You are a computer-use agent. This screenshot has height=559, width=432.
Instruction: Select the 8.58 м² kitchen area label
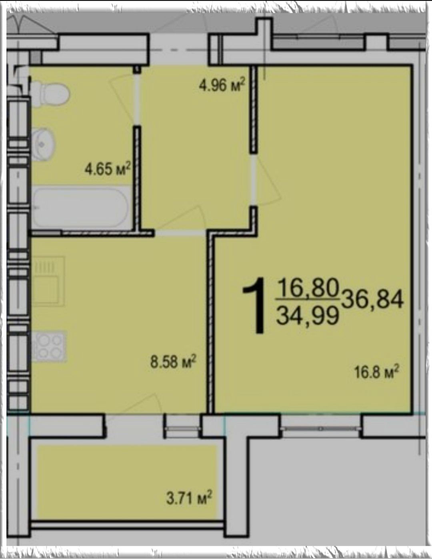tap(173, 362)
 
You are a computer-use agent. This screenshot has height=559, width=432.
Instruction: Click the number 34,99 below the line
tap(307, 315)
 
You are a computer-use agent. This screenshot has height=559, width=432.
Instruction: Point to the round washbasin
tap(43, 144)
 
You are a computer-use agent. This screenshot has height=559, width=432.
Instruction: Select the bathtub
tap(80, 207)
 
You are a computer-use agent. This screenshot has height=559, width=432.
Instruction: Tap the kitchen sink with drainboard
tap(48, 281)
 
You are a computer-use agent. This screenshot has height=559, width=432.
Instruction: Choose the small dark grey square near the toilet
tap(36, 58)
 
